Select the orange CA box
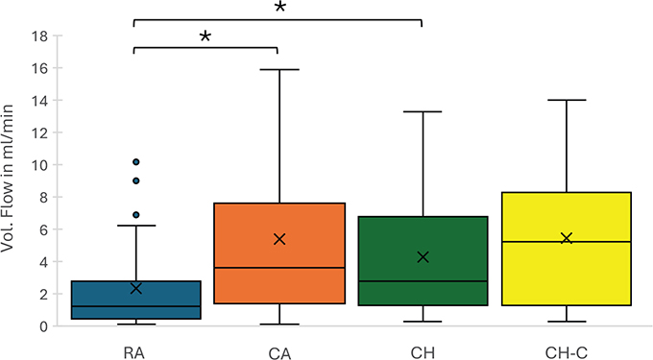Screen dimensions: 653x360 tap(279, 253)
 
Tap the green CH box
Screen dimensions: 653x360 tap(423, 261)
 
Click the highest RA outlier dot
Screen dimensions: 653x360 tap(136, 161)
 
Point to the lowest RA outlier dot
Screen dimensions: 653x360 tap(136, 214)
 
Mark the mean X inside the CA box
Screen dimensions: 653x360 tap(279, 238)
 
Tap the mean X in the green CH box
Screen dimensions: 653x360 tap(423, 256)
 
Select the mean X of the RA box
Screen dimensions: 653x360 tap(136, 288)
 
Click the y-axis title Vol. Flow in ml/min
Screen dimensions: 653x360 tap(12, 180)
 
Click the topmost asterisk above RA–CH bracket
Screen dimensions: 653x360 tap(279, 8)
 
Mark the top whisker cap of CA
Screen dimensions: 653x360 tap(279, 69)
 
